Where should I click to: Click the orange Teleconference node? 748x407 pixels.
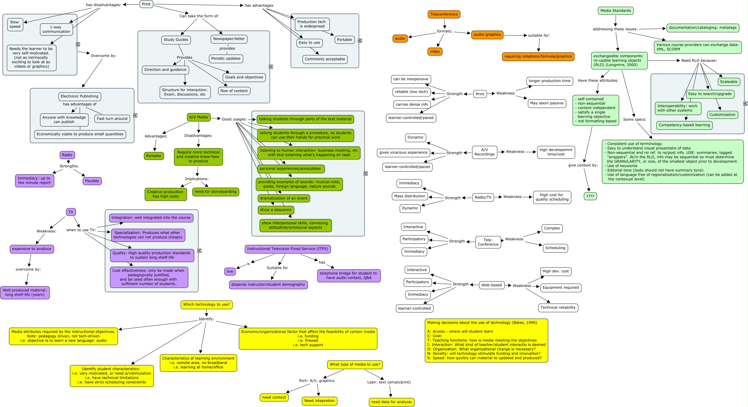[x=444, y=14]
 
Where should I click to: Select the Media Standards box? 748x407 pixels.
[x=615, y=11]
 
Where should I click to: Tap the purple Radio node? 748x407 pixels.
[x=67, y=155]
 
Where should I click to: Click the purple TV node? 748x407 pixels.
[x=71, y=212]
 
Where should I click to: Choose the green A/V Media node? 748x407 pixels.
[x=198, y=117]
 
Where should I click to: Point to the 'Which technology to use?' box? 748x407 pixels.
[x=206, y=304]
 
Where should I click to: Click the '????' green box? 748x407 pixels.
[x=590, y=196]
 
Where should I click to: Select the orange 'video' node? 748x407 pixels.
[x=435, y=51]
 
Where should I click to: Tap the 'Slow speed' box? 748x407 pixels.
[x=15, y=24]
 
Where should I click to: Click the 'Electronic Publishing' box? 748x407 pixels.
[x=79, y=96]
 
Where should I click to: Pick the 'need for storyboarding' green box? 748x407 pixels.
[x=215, y=192]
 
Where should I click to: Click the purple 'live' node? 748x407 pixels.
[x=230, y=271]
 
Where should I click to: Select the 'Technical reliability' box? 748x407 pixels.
[x=558, y=307]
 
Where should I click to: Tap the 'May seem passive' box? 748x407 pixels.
[x=546, y=103]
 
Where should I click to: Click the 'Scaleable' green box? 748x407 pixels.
[x=728, y=82]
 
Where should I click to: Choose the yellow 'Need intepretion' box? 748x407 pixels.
[x=319, y=401]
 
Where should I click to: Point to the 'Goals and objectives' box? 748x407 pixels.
[x=244, y=77]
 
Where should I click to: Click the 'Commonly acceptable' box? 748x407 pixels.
[x=325, y=59]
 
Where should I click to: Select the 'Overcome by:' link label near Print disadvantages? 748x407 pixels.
[x=103, y=56]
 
